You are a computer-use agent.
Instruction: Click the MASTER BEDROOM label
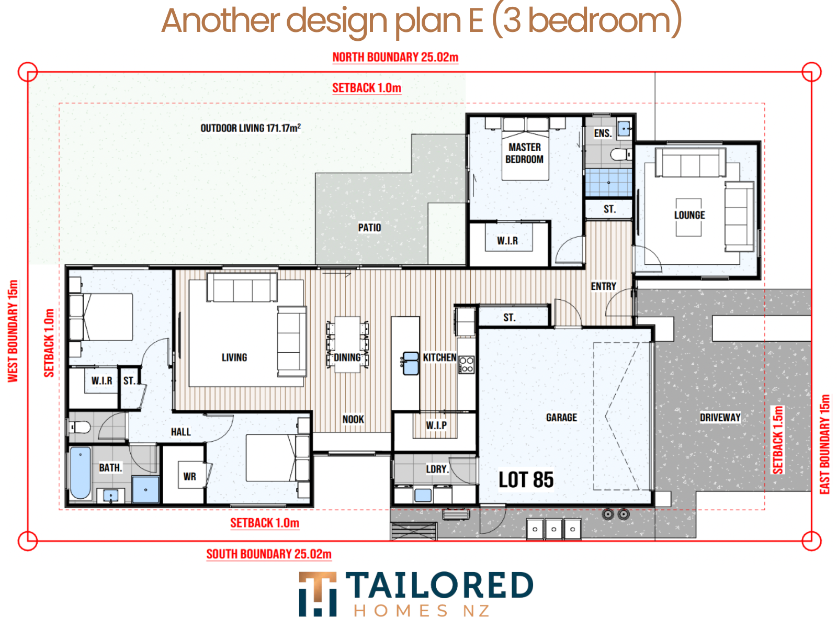(x=524, y=153)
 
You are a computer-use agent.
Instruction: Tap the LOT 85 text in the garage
(x=526, y=479)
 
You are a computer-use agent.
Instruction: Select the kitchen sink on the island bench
(x=410, y=363)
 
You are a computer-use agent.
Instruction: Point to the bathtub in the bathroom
(x=81, y=473)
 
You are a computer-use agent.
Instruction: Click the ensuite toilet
(x=620, y=154)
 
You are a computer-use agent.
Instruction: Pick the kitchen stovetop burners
(x=466, y=364)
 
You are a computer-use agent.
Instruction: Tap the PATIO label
(x=369, y=228)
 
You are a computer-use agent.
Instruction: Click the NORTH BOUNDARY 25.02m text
(x=395, y=57)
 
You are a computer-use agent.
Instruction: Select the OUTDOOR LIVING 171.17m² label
(x=251, y=128)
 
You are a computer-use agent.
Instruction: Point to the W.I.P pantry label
(x=436, y=425)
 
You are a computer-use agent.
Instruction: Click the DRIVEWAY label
(x=720, y=417)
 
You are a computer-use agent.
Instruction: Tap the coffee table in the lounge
(x=688, y=217)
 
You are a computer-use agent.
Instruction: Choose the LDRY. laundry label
(x=437, y=468)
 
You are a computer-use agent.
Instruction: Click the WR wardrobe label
(x=189, y=476)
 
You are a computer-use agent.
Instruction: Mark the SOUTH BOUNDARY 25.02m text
(x=269, y=554)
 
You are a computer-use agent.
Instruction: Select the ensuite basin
(x=624, y=129)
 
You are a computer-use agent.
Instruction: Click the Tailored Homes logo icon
(x=317, y=593)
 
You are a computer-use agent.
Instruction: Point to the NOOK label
(x=353, y=419)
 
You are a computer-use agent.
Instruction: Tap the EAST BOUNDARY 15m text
(x=824, y=444)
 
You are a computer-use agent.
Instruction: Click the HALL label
(x=180, y=432)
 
